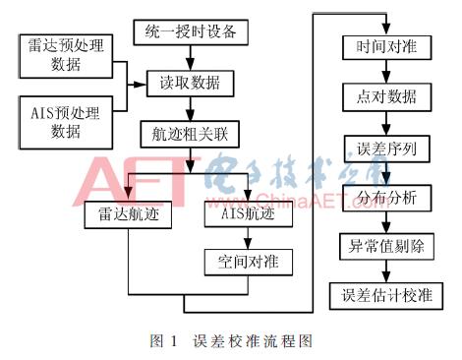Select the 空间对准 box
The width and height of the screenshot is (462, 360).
click(x=240, y=262)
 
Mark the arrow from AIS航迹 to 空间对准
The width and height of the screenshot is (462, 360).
click(x=240, y=238)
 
